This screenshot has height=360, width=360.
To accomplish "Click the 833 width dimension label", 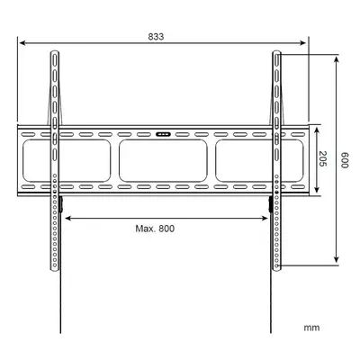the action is [156, 37].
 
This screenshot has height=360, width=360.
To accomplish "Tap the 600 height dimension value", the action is [345, 160].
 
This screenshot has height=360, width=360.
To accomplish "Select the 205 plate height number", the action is [322, 158].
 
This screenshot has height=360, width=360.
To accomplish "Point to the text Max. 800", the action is [155, 229].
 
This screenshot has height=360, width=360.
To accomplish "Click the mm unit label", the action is [311, 328].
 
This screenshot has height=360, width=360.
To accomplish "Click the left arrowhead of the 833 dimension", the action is [22, 43].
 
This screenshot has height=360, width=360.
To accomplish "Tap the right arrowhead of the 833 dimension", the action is [302, 43].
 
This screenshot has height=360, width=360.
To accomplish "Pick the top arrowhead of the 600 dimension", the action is [337, 59].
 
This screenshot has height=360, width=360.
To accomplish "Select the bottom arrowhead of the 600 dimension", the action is [337, 260].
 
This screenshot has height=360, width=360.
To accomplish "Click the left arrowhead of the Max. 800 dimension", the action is [67, 218].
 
